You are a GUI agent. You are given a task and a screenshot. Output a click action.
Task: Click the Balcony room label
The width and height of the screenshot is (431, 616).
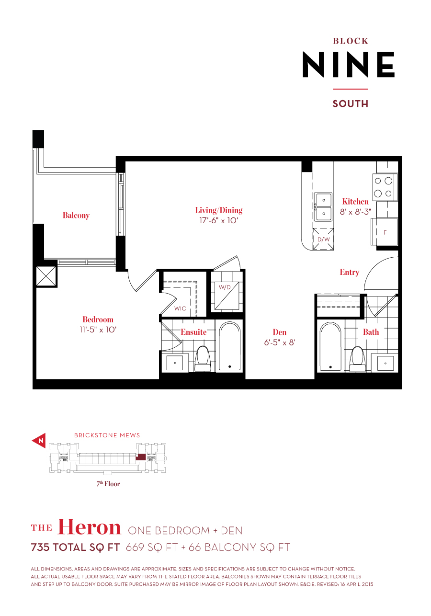click(x=76, y=216)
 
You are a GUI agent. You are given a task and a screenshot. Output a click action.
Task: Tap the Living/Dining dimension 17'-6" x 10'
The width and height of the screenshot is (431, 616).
click(x=218, y=221)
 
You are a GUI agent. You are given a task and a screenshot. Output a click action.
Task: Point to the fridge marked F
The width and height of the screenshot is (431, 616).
click(x=385, y=232)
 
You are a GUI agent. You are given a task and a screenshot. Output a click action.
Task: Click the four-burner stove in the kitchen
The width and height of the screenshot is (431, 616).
click(x=385, y=187)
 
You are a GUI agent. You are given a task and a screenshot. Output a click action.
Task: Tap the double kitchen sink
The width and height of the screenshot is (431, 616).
click(x=323, y=206)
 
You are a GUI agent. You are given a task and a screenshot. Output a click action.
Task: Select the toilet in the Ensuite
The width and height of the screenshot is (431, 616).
click(x=203, y=358)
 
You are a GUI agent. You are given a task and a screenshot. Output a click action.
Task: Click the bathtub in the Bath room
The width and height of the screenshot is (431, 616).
click(x=331, y=346)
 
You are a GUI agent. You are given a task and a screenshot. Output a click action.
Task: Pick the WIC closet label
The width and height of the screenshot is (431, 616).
click(x=180, y=308)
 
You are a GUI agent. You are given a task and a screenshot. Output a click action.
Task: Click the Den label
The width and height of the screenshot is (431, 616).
click(x=280, y=332)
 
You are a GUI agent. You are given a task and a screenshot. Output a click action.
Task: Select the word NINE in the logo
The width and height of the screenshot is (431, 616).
click(x=348, y=65)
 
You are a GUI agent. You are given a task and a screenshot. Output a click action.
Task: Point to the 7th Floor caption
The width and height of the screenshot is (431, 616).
click(x=108, y=484)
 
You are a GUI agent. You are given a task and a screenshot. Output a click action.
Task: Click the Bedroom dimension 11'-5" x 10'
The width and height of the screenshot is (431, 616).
click(x=98, y=330)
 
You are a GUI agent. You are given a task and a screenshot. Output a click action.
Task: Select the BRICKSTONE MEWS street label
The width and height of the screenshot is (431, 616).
click(x=107, y=435)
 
